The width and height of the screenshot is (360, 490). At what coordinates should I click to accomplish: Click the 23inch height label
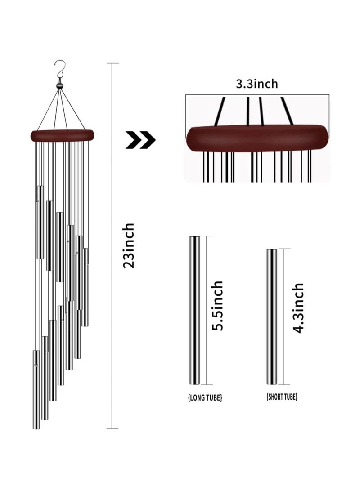[129, 245]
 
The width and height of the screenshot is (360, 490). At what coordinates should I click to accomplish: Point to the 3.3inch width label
[257, 84]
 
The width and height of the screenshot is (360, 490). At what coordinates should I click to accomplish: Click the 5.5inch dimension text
[218, 306]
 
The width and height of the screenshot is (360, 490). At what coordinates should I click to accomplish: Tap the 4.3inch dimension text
[298, 307]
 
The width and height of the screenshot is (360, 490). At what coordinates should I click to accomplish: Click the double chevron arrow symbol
[140, 140]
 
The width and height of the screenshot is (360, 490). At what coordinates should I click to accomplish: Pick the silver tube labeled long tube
[195, 310]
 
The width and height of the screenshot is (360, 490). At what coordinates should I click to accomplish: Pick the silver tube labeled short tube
[271, 316]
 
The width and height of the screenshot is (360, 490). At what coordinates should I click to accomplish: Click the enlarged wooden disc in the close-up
[257, 138]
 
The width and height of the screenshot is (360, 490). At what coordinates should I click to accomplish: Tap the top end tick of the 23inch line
[112, 63]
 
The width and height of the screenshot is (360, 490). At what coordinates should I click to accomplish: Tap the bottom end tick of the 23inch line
[112, 428]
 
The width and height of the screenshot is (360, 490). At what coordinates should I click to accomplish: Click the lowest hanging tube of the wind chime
[36, 389]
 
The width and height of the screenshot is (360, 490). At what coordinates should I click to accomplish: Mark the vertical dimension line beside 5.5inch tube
[207, 310]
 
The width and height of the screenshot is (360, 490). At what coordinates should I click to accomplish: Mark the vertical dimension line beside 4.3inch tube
[284, 316]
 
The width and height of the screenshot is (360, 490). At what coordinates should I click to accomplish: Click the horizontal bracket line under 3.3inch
[257, 94]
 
